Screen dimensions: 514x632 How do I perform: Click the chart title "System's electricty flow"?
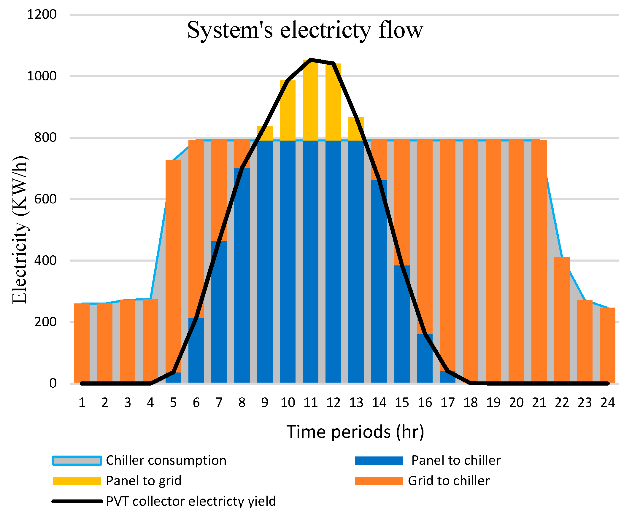(x=305, y=30)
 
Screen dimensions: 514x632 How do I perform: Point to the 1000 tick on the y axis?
(x=42, y=76)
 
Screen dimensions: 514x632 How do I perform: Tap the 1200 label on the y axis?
(x=42, y=15)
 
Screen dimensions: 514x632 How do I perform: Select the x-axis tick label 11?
(x=310, y=403)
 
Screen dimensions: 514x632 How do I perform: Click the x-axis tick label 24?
(x=607, y=403)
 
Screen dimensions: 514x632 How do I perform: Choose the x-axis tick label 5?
(x=173, y=403)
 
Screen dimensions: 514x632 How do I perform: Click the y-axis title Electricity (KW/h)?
(x=20, y=230)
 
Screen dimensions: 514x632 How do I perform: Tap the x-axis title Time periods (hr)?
(x=355, y=432)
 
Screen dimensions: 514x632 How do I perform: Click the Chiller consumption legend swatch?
(x=77, y=461)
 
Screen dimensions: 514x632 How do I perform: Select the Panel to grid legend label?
(x=144, y=481)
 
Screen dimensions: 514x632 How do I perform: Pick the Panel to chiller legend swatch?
(x=379, y=461)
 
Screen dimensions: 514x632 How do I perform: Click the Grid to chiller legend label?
(x=449, y=481)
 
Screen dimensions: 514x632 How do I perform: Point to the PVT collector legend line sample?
(x=77, y=502)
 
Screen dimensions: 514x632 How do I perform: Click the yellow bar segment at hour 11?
(x=310, y=101)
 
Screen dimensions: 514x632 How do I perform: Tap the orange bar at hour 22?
(x=562, y=320)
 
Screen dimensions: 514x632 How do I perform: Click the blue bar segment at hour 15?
(x=402, y=323)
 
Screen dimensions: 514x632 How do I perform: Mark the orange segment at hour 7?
(x=219, y=190)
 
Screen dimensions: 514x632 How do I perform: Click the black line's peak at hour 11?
(x=310, y=60)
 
